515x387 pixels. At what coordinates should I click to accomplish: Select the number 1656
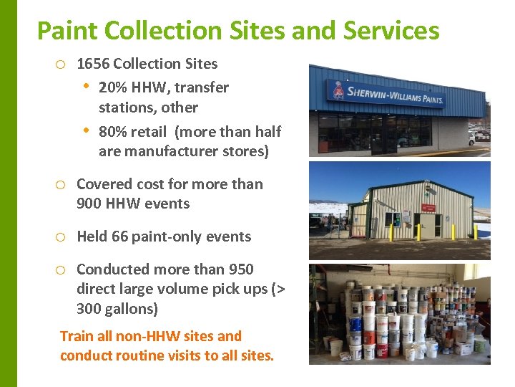93,64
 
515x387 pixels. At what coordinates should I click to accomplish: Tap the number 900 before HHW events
89,204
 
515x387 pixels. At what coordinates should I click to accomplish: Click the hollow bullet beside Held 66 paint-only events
61,237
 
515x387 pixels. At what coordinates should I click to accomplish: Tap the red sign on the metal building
428,208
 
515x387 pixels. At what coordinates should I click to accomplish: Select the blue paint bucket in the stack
355,324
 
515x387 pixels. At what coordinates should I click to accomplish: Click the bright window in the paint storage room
473,271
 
